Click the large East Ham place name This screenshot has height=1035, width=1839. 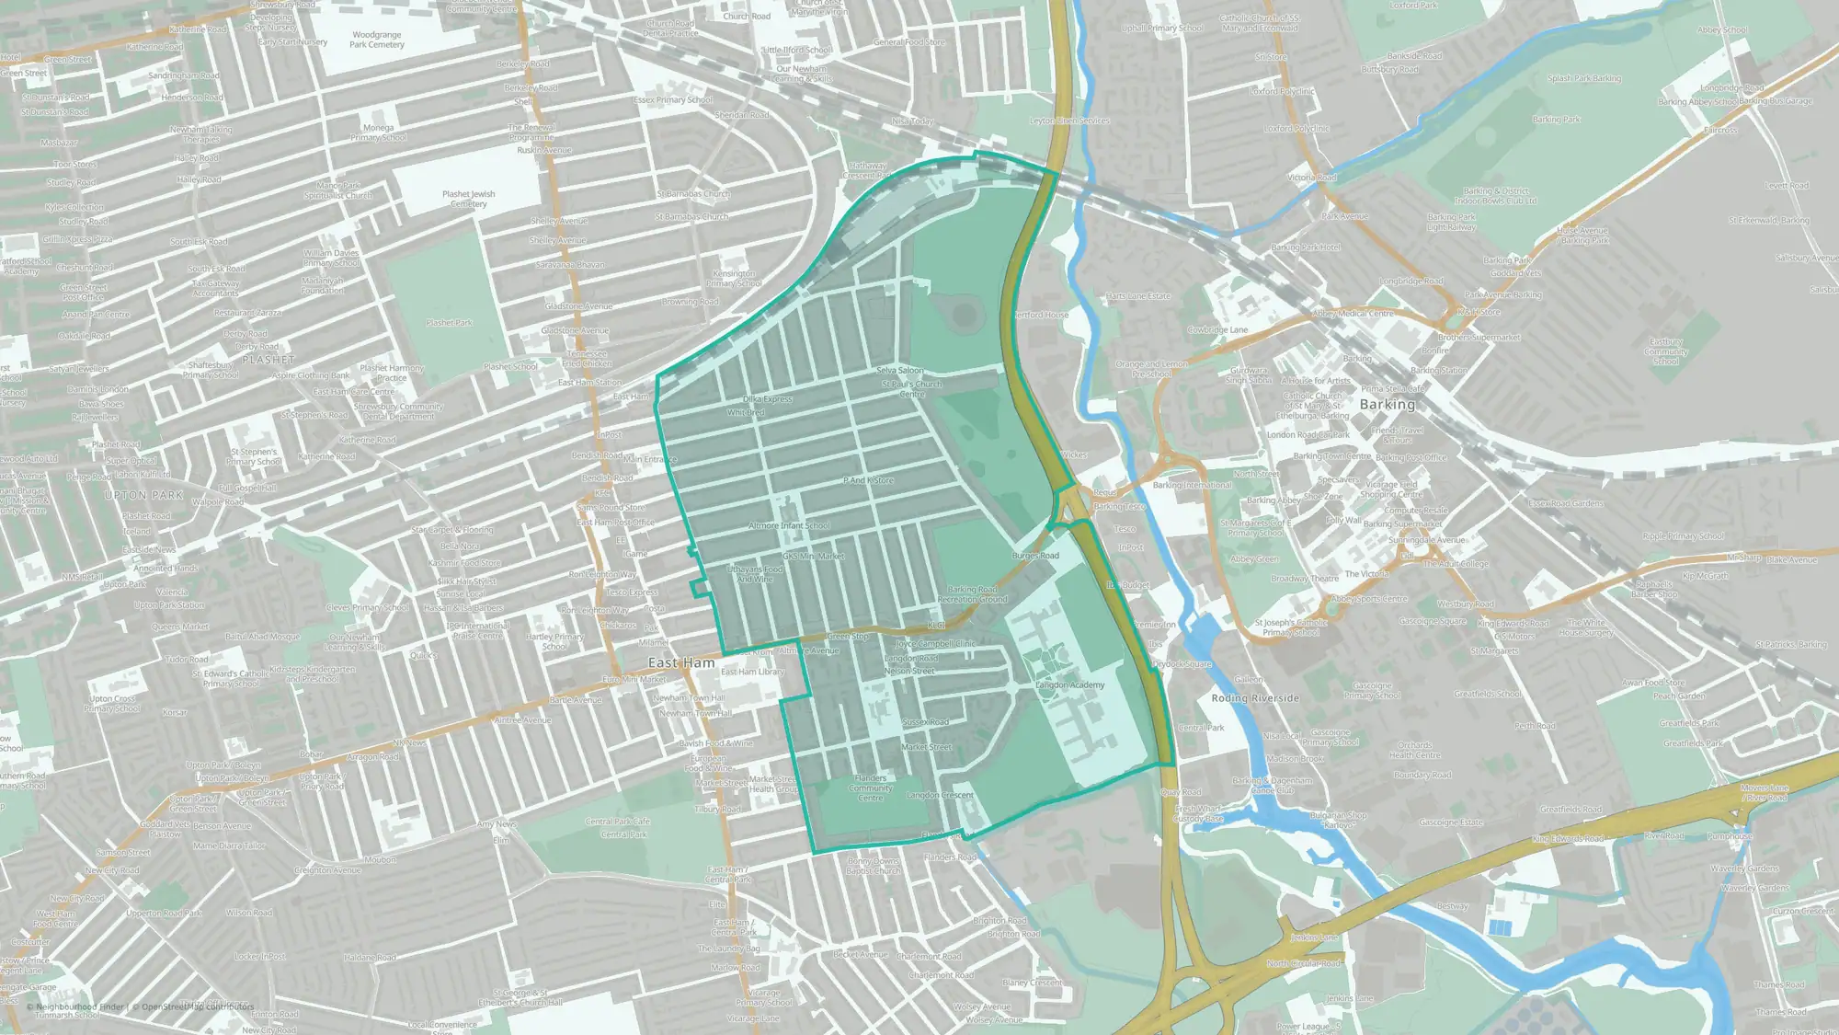tap(681, 662)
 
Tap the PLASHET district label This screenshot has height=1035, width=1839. tap(268, 360)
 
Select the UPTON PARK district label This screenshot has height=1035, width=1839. tap(143, 495)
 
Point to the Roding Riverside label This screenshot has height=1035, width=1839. tap(1255, 698)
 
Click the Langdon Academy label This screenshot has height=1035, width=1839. tap(1069, 684)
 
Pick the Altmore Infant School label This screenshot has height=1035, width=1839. tap(789, 525)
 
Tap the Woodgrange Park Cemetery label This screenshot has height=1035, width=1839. tap(377, 40)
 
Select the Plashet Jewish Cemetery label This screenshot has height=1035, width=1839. tap(468, 199)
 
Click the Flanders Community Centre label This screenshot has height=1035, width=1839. tap(871, 788)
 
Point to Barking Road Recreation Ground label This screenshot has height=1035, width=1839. tap(972, 594)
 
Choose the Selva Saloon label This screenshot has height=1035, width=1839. tap(899, 371)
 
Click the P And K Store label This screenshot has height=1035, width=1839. tap(868, 480)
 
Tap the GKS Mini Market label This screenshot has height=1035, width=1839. tap(813, 556)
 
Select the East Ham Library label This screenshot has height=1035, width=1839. tap(752, 672)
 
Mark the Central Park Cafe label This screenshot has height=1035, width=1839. tap(618, 822)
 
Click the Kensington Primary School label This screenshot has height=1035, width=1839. tap(734, 278)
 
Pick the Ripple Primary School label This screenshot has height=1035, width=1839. tap(1684, 536)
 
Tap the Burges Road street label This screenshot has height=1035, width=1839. tap(1035, 556)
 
